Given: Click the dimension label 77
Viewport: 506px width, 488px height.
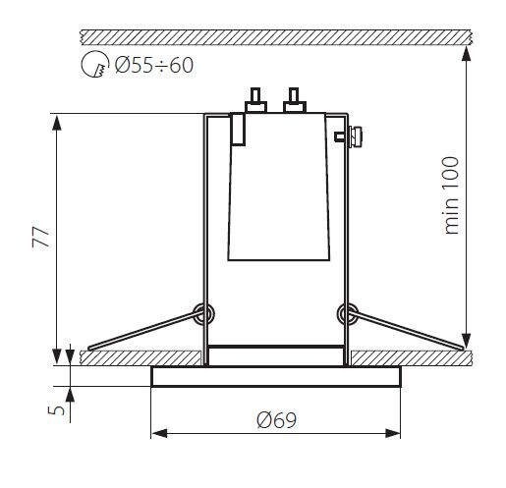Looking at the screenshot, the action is [41, 237].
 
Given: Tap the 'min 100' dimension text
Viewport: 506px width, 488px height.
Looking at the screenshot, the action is [451, 195].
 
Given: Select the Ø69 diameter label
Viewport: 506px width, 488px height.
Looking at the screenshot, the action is [277, 420].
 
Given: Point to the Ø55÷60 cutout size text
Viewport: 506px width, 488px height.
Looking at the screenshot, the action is [154, 65].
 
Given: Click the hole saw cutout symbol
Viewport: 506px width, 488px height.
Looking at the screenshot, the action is [95, 64].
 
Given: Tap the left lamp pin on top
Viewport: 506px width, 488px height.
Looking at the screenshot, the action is [255, 100].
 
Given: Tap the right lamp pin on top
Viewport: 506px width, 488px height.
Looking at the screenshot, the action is [295, 100].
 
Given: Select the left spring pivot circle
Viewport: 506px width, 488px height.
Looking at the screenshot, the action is [203, 313].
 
